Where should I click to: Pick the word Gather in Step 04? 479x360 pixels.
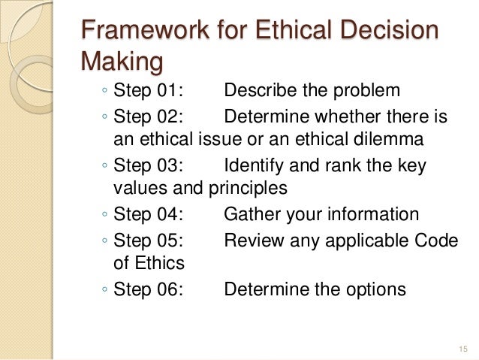pos(252,215)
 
